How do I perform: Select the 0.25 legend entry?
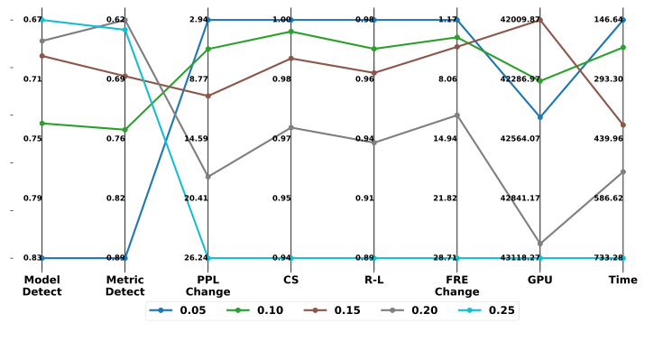tap(493, 310)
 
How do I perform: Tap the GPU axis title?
tap(539, 280)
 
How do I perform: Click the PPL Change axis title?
tap(207, 285)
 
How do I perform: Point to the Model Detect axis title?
tap(41, 285)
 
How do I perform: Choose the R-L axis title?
tap(373, 280)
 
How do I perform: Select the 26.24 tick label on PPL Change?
tap(195, 257)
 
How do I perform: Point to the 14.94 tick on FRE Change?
tap(445, 138)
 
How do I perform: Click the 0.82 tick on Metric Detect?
tap(115, 198)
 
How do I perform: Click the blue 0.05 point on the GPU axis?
tap(539, 117)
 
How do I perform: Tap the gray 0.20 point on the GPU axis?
tap(539, 244)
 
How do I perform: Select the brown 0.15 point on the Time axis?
tap(622, 125)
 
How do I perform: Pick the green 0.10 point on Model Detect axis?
tap(41, 123)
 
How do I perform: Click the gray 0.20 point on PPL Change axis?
tap(207, 176)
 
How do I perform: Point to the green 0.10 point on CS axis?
tap(290, 32)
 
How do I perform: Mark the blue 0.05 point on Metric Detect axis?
tap(124, 258)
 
